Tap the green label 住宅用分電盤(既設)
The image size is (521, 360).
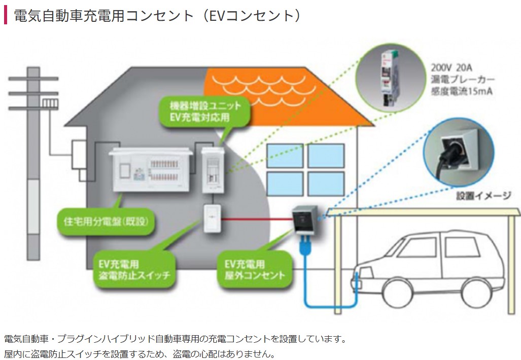(106, 222)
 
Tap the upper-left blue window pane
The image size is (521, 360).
(285, 156)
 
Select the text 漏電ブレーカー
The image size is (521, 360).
(462, 80)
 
